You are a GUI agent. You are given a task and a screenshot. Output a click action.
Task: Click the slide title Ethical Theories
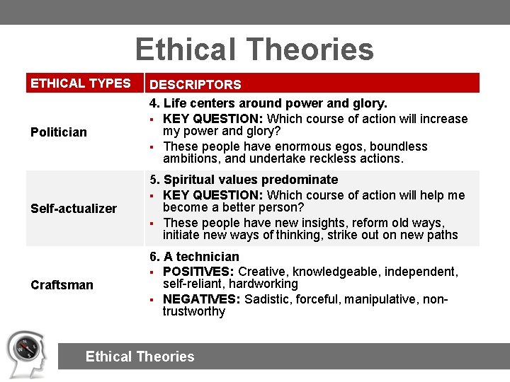pyautogui.click(x=254, y=50)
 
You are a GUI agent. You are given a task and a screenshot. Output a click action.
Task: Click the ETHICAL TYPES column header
pyautogui.click(x=81, y=83)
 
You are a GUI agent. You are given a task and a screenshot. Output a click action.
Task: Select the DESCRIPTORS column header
pyautogui.click(x=195, y=84)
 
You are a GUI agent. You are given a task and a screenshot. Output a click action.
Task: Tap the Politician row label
pyautogui.click(x=59, y=132)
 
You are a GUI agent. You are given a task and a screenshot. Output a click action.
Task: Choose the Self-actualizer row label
pyautogui.click(x=74, y=209)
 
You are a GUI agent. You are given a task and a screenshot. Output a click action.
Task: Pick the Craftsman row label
pyautogui.click(x=62, y=285)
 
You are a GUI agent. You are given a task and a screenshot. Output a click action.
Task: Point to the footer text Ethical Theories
pyautogui.click(x=140, y=357)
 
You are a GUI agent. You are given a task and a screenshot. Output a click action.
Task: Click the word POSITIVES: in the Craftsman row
pyautogui.click(x=199, y=272)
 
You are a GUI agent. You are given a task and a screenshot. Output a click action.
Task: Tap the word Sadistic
pyautogui.click(x=268, y=299)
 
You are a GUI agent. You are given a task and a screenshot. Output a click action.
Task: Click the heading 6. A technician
pyautogui.click(x=194, y=256)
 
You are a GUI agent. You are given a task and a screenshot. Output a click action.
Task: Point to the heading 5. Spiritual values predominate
pyautogui.click(x=244, y=180)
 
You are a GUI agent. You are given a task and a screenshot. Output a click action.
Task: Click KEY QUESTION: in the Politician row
pyautogui.click(x=213, y=119)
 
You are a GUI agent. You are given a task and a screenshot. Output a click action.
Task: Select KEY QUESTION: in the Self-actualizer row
pyautogui.click(x=213, y=195)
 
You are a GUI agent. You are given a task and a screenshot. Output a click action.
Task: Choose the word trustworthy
pyautogui.click(x=193, y=311)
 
